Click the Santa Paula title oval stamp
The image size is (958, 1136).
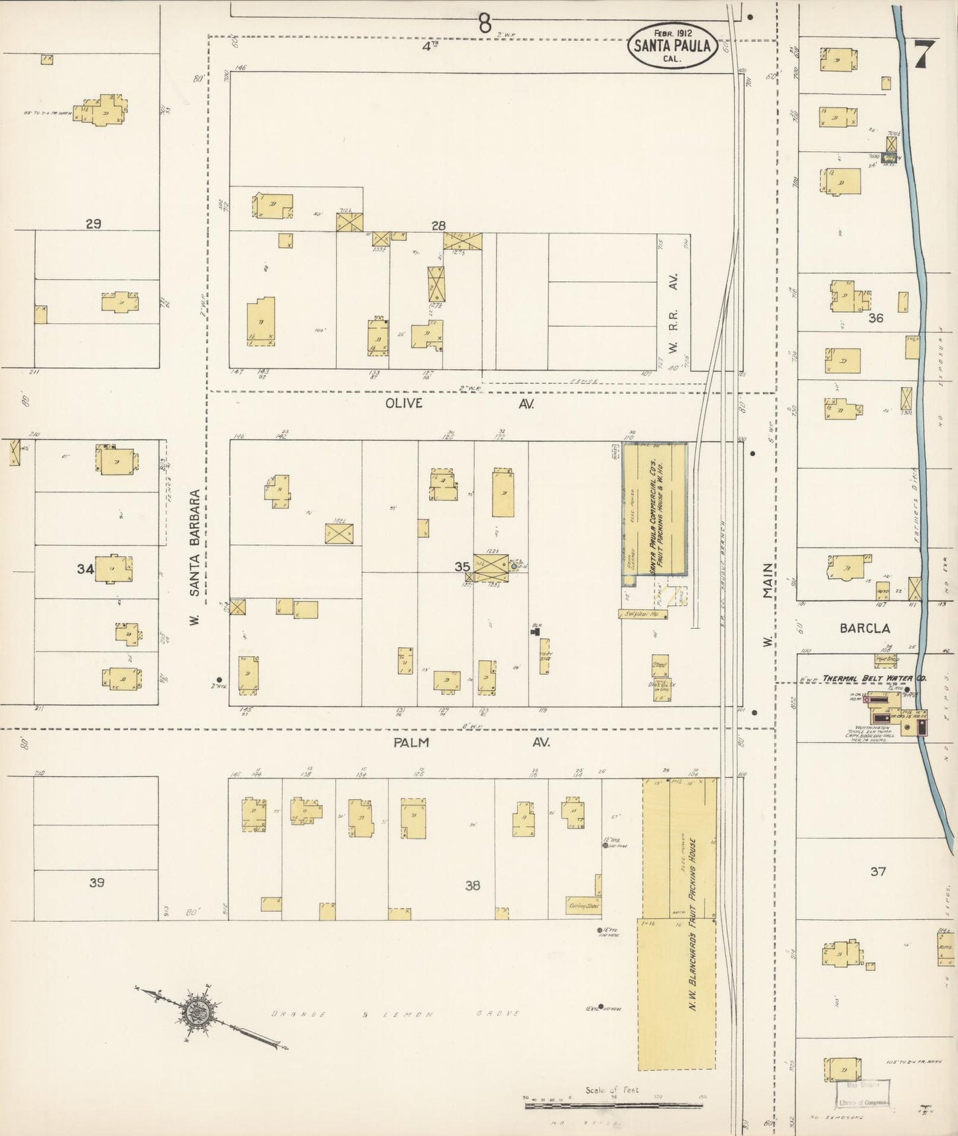click(673, 45)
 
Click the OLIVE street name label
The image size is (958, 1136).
click(404, 404)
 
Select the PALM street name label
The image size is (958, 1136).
click(410, 742)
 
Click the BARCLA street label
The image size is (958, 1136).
click(865, 628)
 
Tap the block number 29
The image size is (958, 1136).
click(93, 224)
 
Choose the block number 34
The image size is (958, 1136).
click(85, 568)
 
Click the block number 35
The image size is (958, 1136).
click(462, 567)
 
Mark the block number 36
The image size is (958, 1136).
click(876, 318)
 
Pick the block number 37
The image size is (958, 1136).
click(878, 872)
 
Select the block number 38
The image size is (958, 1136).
click(472, 885)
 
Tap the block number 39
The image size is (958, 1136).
click(97, 883)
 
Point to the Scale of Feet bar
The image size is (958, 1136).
click(615, 1104)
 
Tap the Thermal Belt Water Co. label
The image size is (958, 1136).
click(874, 679)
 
